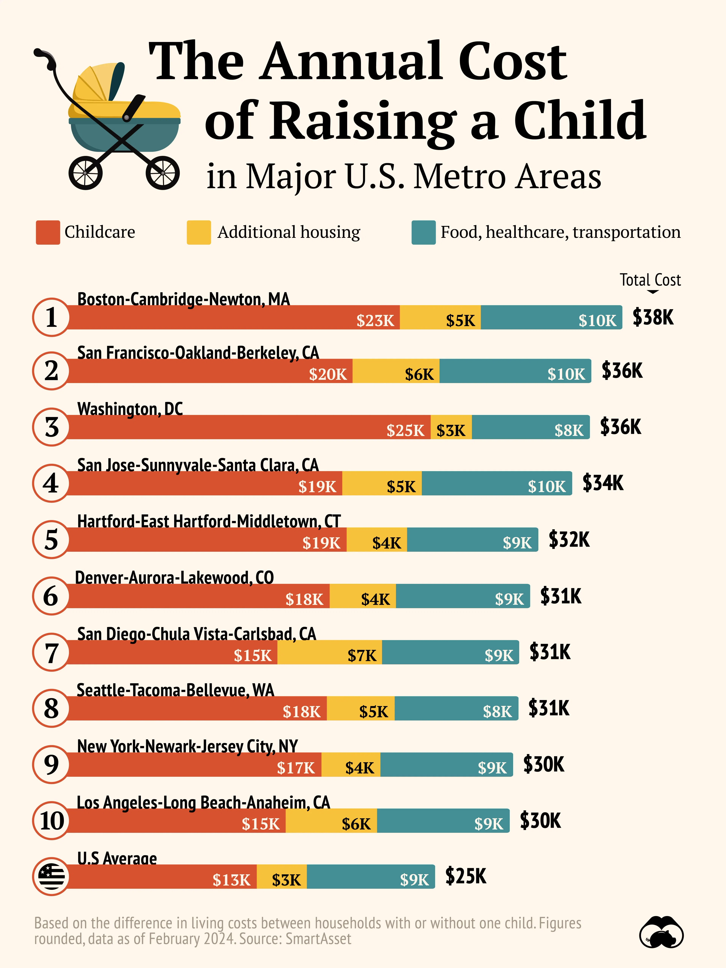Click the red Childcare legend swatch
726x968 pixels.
48,232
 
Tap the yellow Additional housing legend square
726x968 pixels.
199,232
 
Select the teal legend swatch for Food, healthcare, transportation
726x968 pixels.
423,232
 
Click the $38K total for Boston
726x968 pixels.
653,317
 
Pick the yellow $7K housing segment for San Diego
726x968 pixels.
330,652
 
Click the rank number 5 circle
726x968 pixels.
51,540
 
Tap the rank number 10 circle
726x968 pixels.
51,821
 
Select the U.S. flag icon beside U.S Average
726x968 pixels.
51,876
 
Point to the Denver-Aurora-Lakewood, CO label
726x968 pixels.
174,578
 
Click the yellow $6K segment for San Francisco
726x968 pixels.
396,371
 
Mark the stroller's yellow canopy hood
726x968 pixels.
94,83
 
